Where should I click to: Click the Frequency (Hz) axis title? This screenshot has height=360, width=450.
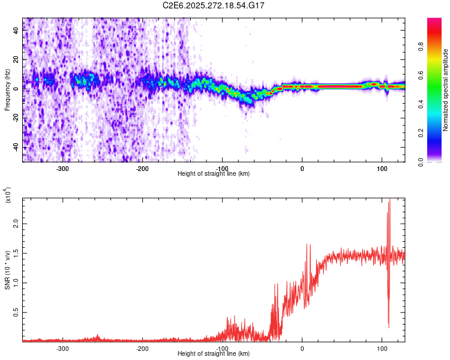tap(7, 90)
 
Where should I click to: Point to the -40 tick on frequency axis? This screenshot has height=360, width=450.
tap(14, 147)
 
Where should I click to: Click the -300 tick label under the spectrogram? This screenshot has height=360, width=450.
tap(62, 169)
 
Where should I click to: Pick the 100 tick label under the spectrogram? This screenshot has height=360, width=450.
tap(382, 169)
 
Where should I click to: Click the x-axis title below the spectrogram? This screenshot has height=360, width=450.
tap(214, 174)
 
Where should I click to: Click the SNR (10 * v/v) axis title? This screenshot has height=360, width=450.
tap(7, 270)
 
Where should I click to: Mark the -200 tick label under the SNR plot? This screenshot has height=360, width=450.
tap(142, 348)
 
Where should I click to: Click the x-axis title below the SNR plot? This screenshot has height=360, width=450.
tap(214, 354)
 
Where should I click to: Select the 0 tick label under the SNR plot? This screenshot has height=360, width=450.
tap(302, 348)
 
